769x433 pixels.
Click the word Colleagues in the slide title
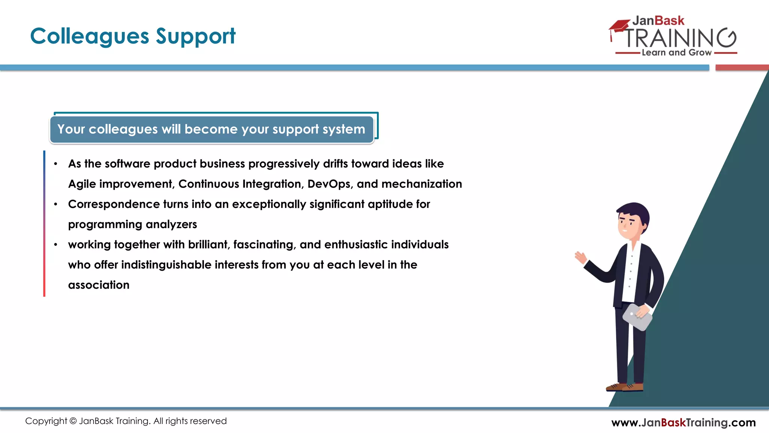pos(90,37)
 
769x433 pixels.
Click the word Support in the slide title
pos(195,37)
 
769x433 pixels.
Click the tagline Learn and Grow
pos(676,53)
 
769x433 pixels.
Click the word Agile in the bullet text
pos(82,184)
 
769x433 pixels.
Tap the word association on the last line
pos(99,285)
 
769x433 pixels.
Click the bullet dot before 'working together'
pos(56,245)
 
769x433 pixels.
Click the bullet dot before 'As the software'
pos(56,164)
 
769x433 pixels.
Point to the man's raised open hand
pos(581,257)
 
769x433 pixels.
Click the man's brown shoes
pos(625,387)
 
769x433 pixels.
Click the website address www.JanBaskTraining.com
pos(683,422)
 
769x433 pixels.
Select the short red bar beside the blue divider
pos(742,68)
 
